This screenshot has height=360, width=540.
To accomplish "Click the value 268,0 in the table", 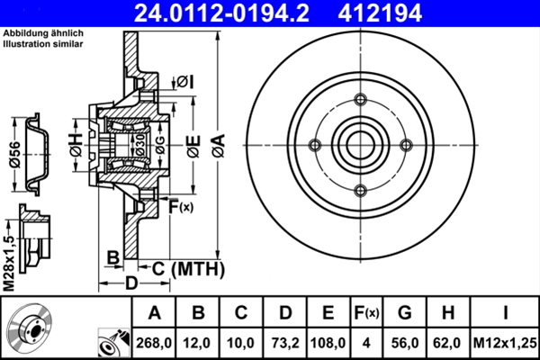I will (154, 342).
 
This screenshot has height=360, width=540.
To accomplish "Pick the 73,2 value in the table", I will (284, 342).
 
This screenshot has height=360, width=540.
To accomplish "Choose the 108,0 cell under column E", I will (328, 342).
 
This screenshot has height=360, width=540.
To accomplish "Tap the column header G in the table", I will (404, 313).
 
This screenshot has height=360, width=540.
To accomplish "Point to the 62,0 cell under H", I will (447, 342).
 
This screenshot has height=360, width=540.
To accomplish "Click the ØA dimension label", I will (219, 144).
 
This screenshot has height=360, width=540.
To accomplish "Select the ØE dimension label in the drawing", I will (191, 144).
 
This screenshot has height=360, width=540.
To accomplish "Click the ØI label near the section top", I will (184, 81).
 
